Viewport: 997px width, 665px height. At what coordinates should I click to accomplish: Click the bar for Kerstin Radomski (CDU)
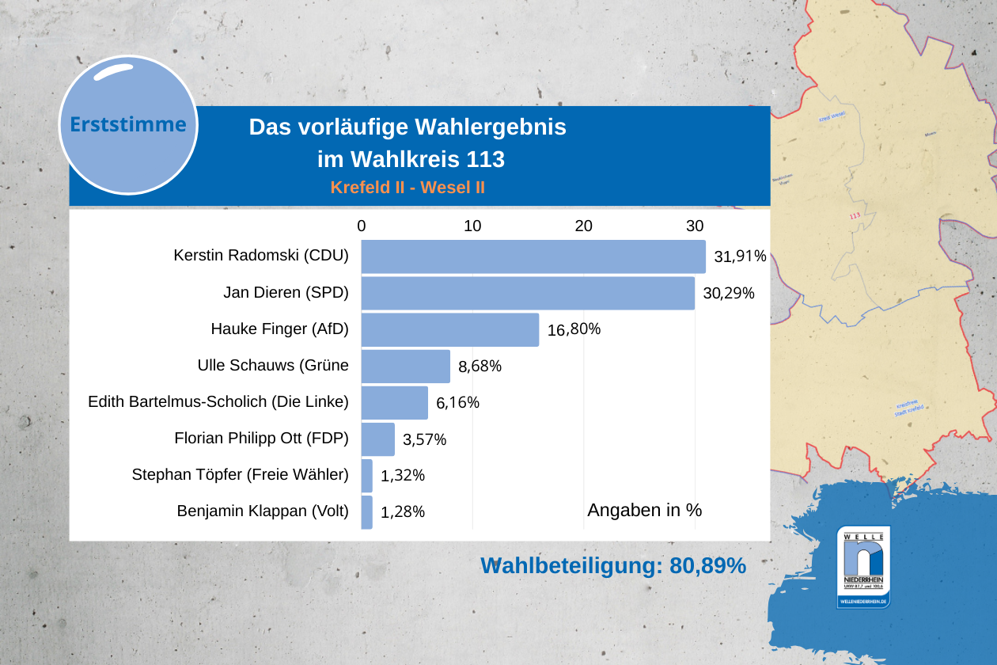click(x=533, y=256)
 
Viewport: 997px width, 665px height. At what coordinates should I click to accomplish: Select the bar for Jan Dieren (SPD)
click(x=528, y=293)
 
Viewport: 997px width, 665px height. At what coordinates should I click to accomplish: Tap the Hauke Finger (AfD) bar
click(x=449, y=329)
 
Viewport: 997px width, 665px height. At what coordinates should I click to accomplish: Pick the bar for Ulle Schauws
click(x=405, y=366)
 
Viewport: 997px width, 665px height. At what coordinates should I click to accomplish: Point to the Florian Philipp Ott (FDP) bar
click(x=377, y=439)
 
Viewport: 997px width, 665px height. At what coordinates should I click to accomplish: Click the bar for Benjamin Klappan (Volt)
click(x=366, y=511)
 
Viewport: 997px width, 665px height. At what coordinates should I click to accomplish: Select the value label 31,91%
click(x=740, y=256)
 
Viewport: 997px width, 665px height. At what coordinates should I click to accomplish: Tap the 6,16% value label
click(x=457, y=402)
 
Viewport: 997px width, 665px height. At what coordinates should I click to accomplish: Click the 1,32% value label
click(x=403, y=476)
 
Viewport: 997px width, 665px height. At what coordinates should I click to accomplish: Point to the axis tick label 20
click(x=583, y=226)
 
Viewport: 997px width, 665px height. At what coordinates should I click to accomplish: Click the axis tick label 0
click(x=362, y=226)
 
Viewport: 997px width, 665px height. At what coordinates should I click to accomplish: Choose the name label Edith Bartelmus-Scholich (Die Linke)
click(x=218, y=402)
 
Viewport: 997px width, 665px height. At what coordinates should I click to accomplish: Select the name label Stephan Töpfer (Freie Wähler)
click(x=240, y=475)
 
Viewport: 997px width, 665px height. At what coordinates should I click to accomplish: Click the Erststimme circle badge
click(x=128, y=125)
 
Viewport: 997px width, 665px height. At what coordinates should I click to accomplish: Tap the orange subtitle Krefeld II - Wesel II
click(x=408, y=188)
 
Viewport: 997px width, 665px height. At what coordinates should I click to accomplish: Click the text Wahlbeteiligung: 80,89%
click(x=613, y=565)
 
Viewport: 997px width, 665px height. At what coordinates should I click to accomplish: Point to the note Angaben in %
click(x=644, y=511)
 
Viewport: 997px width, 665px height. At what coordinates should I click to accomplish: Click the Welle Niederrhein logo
click(x=863, y=567)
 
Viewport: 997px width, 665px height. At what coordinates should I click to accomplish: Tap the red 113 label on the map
click(x=854, y=216)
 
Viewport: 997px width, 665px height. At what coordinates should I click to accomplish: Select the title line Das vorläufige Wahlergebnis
click(x=408, y=127)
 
